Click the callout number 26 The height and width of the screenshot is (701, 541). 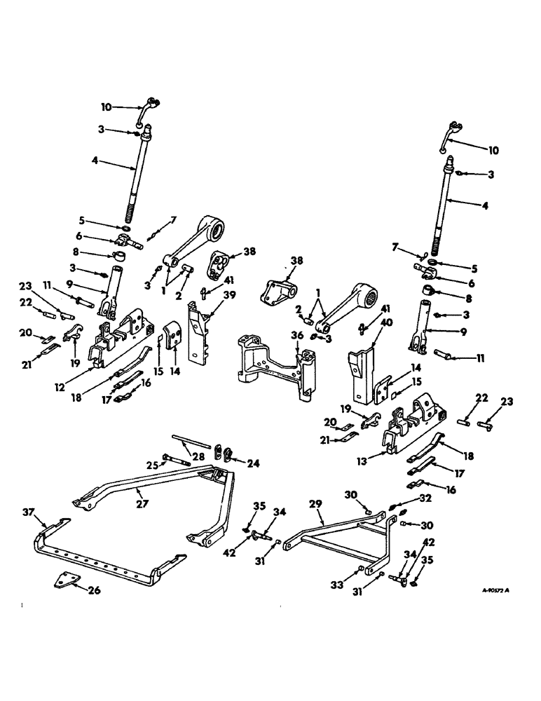coord(93,590)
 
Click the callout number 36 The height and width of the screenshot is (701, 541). coord(298,336)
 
